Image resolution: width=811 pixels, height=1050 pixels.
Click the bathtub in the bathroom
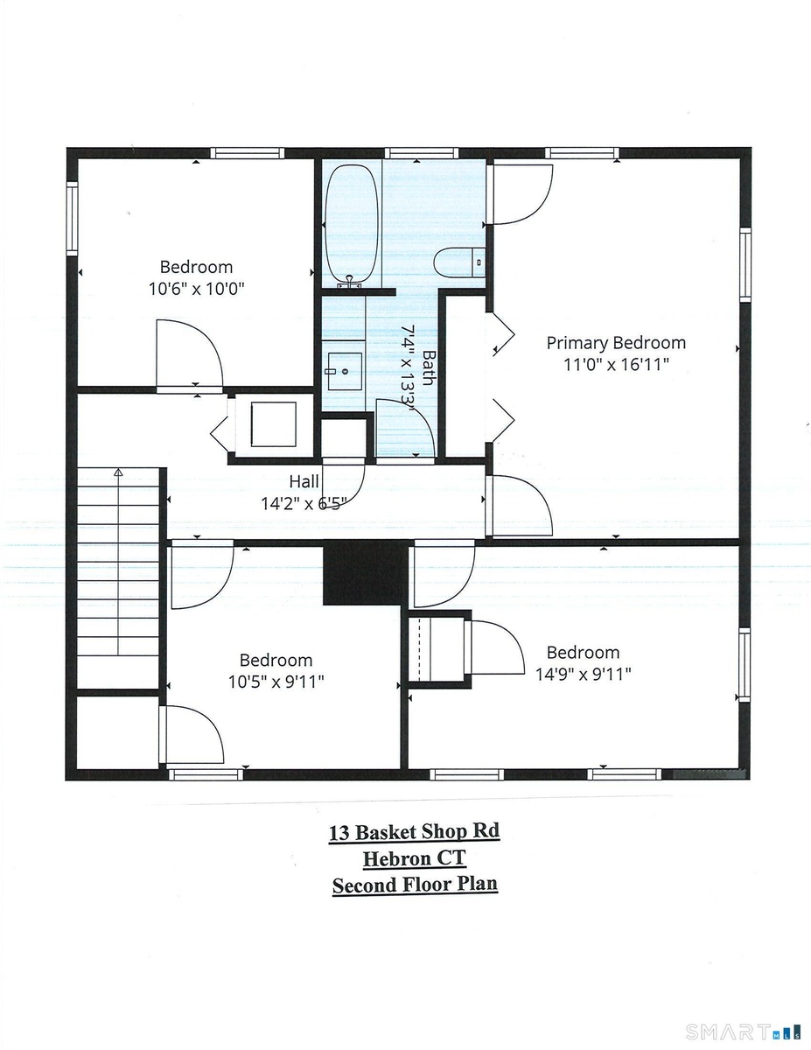click(351, 224)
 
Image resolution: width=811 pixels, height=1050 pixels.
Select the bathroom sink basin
click(345, 371)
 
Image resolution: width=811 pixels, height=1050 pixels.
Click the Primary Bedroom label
click(616, 343)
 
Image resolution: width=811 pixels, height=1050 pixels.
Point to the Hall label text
click(304, 481)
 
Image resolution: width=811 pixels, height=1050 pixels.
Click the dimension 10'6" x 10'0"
click(196, 289)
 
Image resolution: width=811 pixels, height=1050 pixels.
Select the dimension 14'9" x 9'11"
click(583, 674)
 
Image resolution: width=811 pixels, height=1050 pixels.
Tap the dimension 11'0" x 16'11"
click(616, 364)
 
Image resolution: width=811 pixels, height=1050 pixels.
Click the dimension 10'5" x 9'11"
click(276, 682)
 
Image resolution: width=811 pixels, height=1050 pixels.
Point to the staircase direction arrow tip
click(118, 468)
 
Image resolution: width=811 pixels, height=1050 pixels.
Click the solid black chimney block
click(365, 573)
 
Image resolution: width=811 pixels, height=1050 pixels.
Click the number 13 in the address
click(339, 833)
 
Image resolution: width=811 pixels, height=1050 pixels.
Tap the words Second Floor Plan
click(415, 885)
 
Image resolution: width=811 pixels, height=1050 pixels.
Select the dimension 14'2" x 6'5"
click(304, 503)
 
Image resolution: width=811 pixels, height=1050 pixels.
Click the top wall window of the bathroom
click(421, 153)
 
